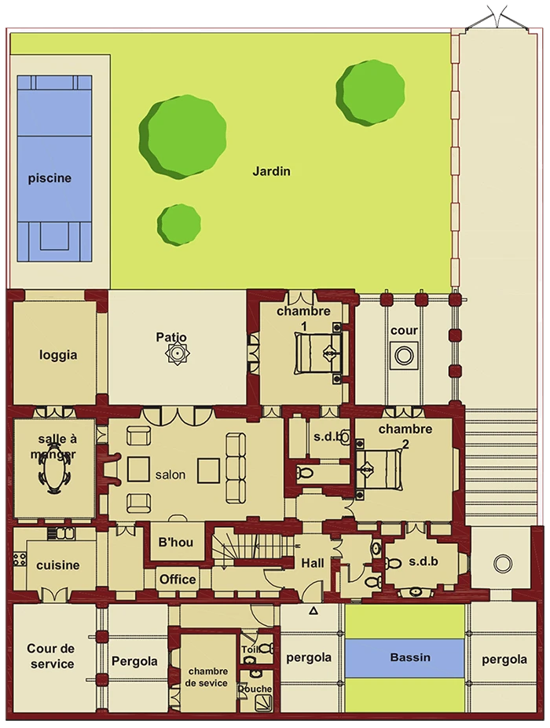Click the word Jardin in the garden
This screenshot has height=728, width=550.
pyautogui.click(x=271, y=171)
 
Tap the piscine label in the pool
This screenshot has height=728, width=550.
pyautogui.click(x=49, y=178)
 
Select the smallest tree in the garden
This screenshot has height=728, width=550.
pyautogui.click(x=179, y=225)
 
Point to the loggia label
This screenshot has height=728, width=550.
pyautogui.click(x=58, y=355)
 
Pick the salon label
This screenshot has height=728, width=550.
pyautogui.click(x=170, y=474)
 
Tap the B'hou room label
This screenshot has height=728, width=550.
pyautogui.click(x=175, y=542)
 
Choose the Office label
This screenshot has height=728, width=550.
pyautogui.click(x=178, y=580)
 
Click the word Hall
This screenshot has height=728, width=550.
pyautogui.click(x=313, y=563)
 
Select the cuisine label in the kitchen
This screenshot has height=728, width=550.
pyautogui.click(x=58, y=565)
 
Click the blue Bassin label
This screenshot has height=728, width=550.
pyautogui.click(x=410, y=657)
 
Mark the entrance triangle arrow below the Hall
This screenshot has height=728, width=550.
pyautogui.click(x=313, y=611)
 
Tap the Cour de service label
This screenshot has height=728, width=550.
pyautogui.click(x=51, y=656)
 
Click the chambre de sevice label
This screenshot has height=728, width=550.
pyautogui.click(x=207, y=677)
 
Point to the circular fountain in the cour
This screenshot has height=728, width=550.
pyautogui.click(x=404, y=356)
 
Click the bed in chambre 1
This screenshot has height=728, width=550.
pyautogui.click(x=317, y=353)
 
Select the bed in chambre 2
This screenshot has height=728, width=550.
pyautogui.click(x=379, y=469)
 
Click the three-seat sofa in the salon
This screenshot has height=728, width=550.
pyautogui.click(x=236, y=468)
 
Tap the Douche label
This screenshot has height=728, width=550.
pyautogui.click(x=255, y=689)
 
